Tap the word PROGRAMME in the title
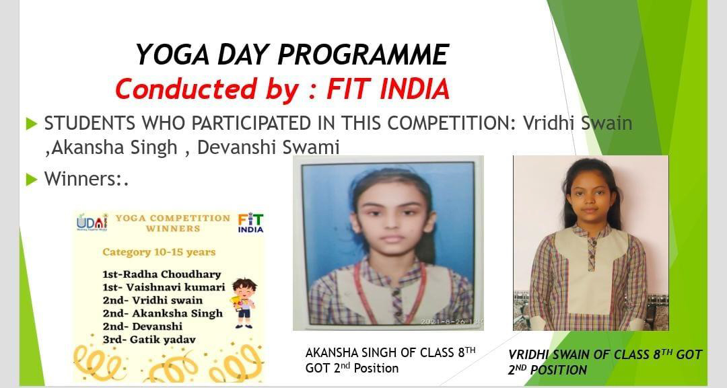tap(363, 54)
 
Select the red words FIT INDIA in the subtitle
tap(388, 89)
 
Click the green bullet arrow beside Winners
tap(32, 179)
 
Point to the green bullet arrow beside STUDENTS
tap(32, 124)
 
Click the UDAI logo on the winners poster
tap(92, 223)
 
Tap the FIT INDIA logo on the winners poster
tap(250, 223)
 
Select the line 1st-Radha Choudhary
tap(162, 274)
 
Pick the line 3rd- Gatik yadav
tap(149, 340)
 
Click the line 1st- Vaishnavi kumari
tap(164, 287)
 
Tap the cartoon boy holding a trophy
tap(244, 303)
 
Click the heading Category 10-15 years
tap(159, 252)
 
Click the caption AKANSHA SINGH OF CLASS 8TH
tap(390, 352)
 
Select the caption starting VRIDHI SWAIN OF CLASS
tap(605, 362)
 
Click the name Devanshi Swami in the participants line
tap(269, 147)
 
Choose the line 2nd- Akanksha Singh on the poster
tap(163, 313)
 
